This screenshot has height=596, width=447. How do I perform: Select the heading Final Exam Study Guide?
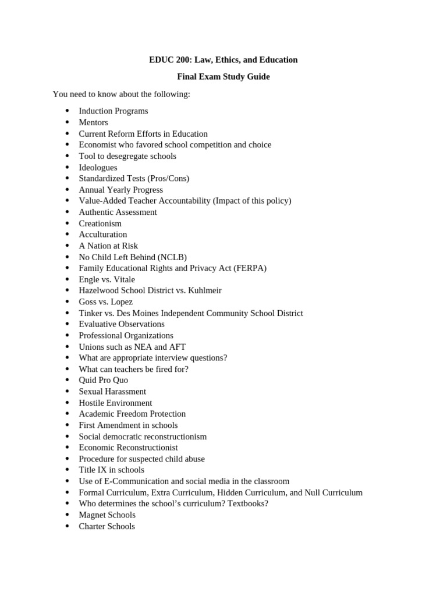coord(223,77)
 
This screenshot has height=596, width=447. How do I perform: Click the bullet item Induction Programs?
coord(113,111)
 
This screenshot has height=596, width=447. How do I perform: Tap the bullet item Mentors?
coord(93,122)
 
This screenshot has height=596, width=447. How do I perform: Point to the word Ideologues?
coord(98,168)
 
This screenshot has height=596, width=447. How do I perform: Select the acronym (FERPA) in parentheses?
coord(250,268)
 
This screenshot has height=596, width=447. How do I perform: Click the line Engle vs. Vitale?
coord(107,279)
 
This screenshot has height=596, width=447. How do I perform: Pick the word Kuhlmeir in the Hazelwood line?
coord(204,290)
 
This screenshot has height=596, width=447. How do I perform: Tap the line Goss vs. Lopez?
coord(105,302)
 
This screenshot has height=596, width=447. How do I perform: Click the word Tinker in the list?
coord(91,313)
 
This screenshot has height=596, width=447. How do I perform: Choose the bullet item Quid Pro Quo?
coord(103,380)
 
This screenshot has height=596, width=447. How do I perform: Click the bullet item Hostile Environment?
coord(115,403)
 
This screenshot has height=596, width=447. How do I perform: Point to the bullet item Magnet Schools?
coord(107,515)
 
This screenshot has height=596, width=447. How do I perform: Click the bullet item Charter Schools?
coord(107,526)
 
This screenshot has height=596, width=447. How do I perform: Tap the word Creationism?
coord(100,223)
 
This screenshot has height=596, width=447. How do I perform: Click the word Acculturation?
coord(102,235)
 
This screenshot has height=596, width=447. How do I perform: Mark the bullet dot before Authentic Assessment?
coord(68,212)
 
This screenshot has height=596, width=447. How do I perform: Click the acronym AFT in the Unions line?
coord(177,347)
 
